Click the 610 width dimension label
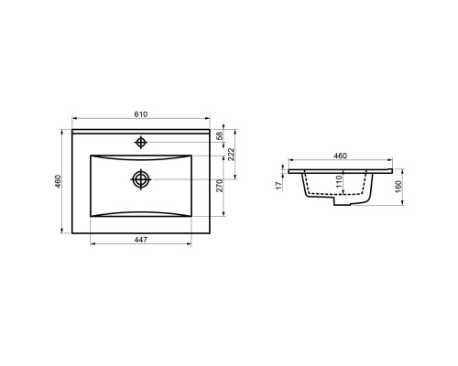141,114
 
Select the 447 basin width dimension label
141,240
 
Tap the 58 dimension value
220,135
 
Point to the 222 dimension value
231,155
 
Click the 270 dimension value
220,186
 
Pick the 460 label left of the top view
58,181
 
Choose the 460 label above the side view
340,156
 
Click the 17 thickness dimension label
278,186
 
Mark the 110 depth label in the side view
339,181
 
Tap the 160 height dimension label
398,187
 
